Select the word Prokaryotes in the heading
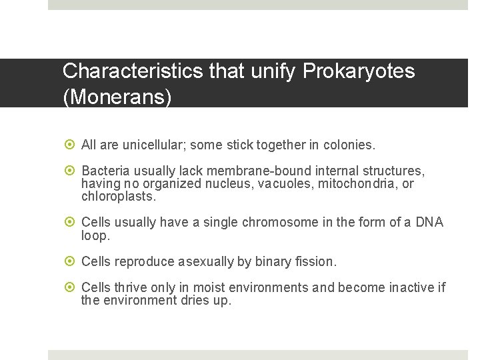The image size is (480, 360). coord(359,71)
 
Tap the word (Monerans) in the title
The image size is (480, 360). coord(117,97)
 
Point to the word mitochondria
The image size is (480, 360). coord(359,183)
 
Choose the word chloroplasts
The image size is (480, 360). coord(118,197)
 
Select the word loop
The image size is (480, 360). coord(94,235)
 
